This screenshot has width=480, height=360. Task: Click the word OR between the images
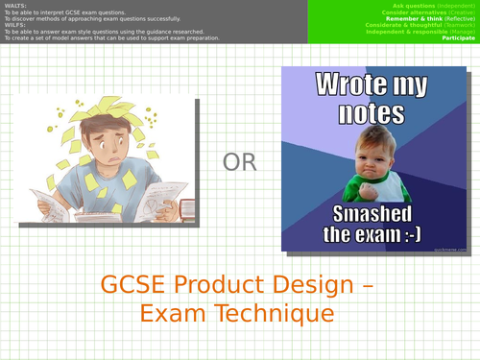(x=240, y=162)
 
